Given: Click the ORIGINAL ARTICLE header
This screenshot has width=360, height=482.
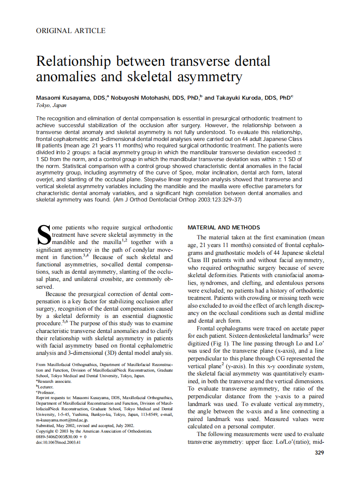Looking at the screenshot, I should tap(70, 31).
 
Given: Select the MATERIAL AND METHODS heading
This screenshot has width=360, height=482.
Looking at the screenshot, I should tap(224, 227).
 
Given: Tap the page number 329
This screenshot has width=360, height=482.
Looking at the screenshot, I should tap(319, 452).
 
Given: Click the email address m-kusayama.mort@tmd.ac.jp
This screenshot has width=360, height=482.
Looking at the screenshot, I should tap(65, 419).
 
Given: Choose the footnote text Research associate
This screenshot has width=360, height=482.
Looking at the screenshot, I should tap(55, 381).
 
